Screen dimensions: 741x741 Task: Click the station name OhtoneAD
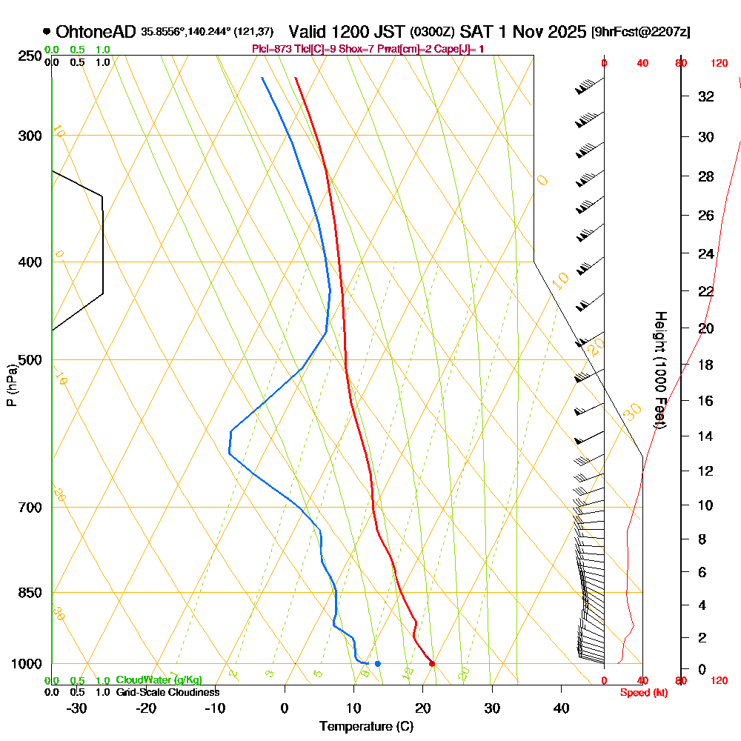(96, 33)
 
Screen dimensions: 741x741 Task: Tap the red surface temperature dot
(432, 663)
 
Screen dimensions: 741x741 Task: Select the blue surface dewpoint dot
(378, 663)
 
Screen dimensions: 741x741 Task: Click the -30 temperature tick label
(76, 708)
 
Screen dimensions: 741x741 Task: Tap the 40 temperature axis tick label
(561, 708)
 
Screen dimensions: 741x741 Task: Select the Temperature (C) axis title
(366, 726)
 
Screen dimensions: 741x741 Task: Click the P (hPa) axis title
(11, 385)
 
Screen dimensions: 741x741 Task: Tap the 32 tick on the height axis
(706, 96)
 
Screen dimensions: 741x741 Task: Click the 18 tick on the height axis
(706, 365)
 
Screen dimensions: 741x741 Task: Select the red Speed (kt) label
(642, 692)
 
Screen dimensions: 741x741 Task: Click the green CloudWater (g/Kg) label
(159, 680)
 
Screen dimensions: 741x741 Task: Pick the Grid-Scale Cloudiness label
(167, 692)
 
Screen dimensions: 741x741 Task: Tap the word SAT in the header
(478, 33)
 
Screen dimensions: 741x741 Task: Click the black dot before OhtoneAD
(47, 32)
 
